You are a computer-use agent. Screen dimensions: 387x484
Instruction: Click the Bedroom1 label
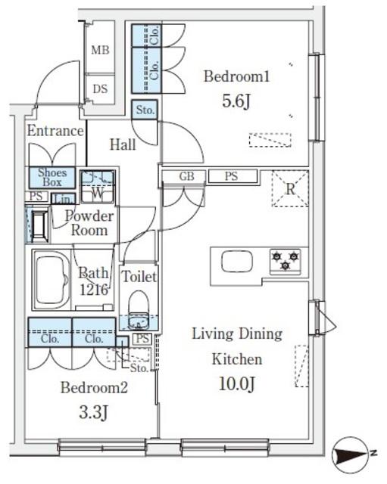click(237, 76)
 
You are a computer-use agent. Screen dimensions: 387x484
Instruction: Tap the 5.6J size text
click(236, 101)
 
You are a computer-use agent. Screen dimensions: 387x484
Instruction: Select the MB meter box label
click(100, 50)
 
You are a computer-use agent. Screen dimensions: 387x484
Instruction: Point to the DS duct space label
click(100, 89)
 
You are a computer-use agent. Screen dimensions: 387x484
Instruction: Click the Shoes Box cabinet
click(52, 178)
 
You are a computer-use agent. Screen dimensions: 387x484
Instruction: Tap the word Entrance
click(55, 131)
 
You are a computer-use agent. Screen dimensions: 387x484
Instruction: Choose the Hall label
click(123, 144)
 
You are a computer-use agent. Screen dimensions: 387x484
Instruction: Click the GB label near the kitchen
click(187, 176)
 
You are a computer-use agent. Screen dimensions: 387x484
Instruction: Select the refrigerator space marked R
click(290, 188)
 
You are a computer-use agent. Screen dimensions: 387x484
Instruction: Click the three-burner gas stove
click(286, 261)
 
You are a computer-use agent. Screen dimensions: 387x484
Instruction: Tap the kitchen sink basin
click(237, 261)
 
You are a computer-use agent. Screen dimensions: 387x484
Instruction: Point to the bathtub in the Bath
click(51, 279)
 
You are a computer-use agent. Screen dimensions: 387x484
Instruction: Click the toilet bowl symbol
click(139, 310)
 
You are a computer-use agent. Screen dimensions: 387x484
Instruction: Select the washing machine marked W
click(98, 187)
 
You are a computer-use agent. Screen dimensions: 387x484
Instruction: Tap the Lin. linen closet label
click(64, 199)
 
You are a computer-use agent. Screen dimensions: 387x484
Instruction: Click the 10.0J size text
click(237, 384)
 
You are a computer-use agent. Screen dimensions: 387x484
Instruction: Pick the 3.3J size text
click(93, 412)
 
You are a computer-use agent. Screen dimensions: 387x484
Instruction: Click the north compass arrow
click(351, 455)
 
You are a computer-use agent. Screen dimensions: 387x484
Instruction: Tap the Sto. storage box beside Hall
click(145, 110)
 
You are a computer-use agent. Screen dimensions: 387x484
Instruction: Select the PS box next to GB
click(233, 176)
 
